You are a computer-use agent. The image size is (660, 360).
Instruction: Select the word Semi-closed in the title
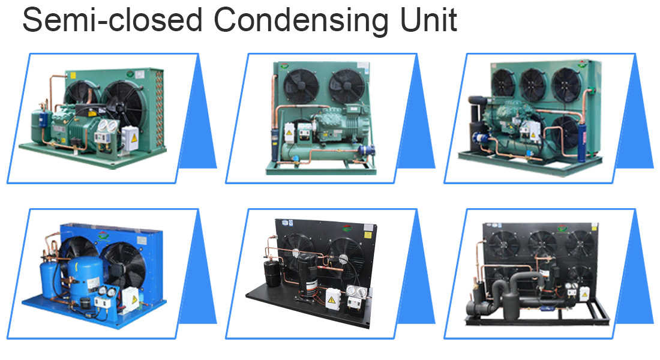[113, 20]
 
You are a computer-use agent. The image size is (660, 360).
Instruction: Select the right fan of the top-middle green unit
[347, 86]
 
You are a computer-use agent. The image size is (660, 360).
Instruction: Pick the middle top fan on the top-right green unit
[534, 85]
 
